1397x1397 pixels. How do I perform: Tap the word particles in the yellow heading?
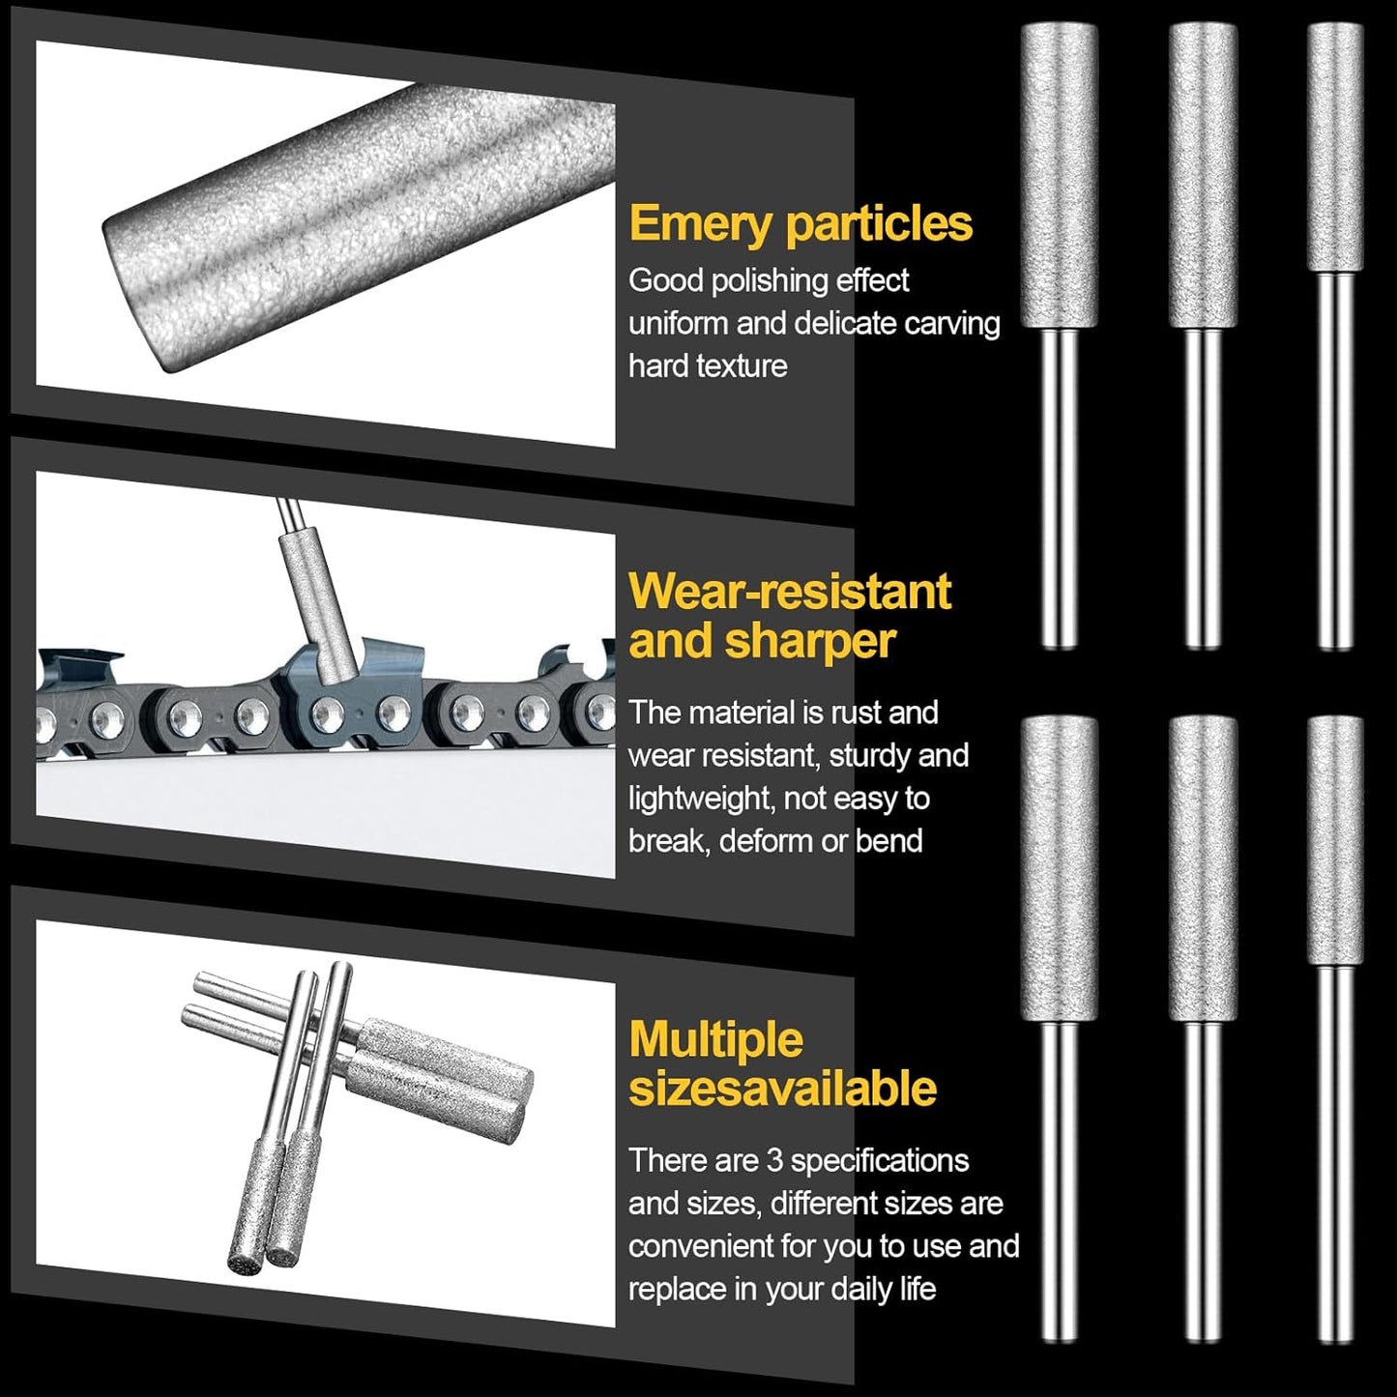coord(880,224)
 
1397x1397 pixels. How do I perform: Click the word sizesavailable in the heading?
coord(783,1089)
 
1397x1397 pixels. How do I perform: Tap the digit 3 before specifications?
coord(775,1161)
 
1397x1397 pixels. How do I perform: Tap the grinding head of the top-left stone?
coord(1059,175)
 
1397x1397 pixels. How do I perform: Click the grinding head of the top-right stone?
coord(1335,148)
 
